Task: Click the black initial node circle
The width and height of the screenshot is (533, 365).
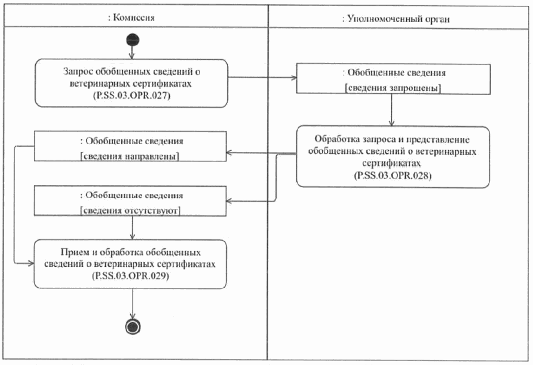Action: (131, 40)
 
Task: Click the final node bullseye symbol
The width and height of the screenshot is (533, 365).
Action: (131, 326)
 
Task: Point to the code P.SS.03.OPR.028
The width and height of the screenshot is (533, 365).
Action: (393, 176)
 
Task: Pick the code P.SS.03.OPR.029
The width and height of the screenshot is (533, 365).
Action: (131, 278)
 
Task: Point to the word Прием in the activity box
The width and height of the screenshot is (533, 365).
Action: (73, 252)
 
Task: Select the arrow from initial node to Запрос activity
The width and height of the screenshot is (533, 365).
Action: (131, 53)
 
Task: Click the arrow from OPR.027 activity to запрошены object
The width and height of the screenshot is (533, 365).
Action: (263, 78)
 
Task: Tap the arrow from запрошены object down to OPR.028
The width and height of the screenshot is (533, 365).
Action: (391, 110)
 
